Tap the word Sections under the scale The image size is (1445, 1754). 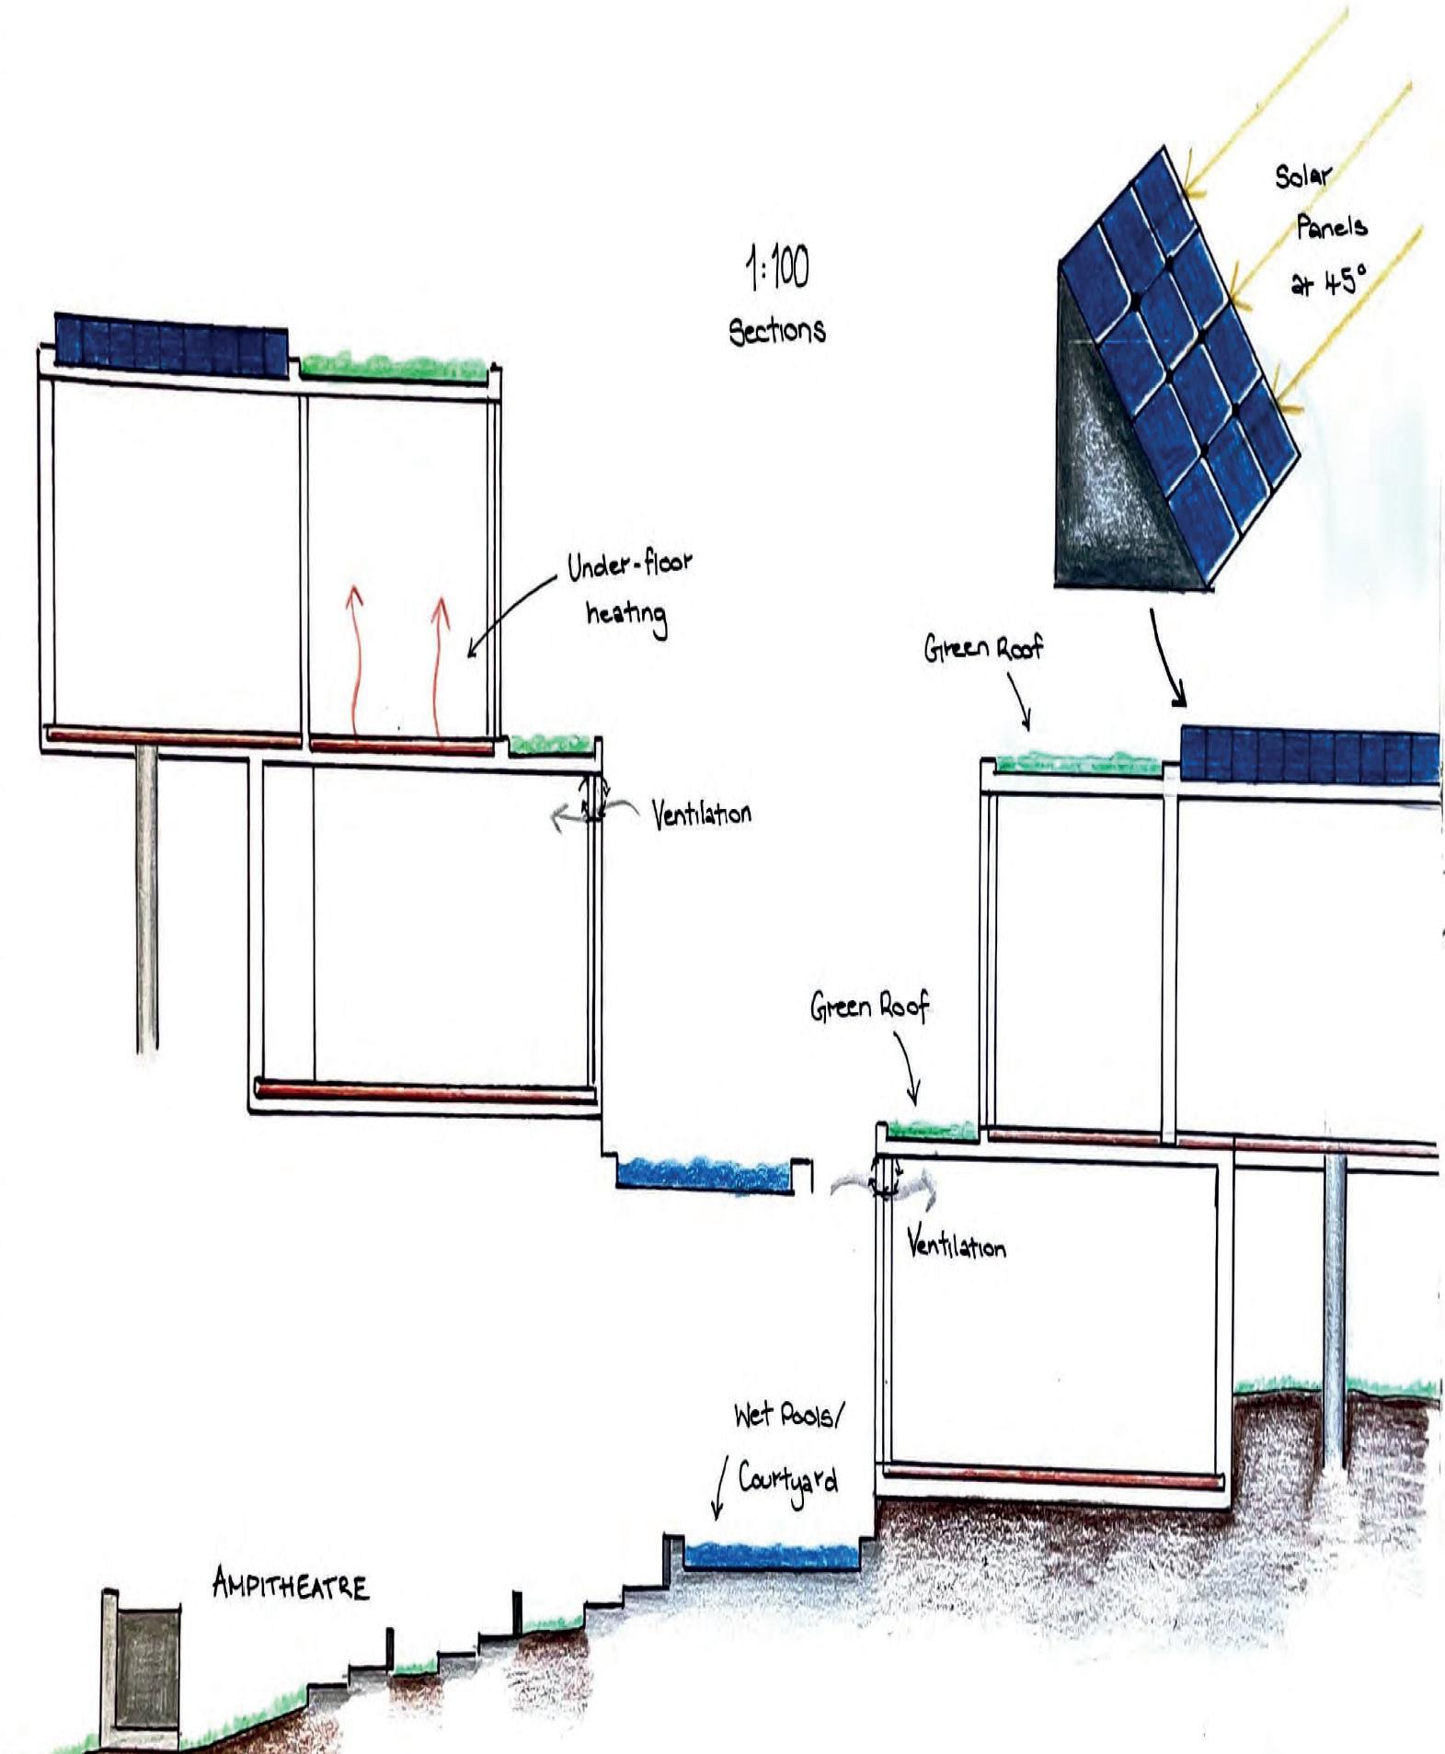[777, 330]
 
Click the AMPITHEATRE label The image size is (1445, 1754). [291, 1586]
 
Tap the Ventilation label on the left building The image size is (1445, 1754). [701, 814]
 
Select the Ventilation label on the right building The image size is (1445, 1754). [957, 1246]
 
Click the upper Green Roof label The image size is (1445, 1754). [984, 648]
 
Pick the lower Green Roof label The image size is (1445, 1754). [870, 1007]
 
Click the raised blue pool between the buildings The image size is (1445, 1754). [704, 1175]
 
